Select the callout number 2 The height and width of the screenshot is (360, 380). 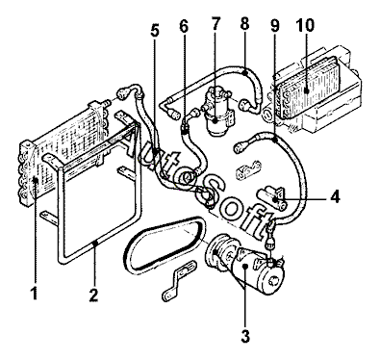click(93, 295)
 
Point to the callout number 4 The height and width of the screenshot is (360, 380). click(335, 196)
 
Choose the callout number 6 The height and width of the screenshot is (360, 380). click(184, 26)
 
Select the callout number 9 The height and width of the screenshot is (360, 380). click(275, 25)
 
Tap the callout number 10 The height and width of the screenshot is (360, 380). click(305, 25)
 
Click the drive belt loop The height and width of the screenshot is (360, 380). click(165, 244)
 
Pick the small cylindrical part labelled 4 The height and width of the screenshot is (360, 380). click(271, 199)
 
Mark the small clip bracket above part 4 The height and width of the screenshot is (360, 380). click(247, 169)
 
